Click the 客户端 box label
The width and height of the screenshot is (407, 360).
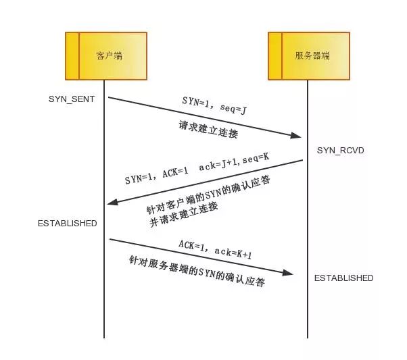pyautogui.click(x=110, y=56)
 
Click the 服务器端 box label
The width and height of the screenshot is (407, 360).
pyautogui.click(x=312, y=56)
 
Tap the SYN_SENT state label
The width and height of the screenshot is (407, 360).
pyautogui.click(x=72, y=99)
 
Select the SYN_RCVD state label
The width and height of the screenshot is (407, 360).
pyautogui.click(x=341, y=151)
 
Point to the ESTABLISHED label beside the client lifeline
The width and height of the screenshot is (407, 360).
pyautogui.click(x=68, y=224)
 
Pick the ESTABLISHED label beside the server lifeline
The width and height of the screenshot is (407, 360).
pyautogui.click(x=344, y=278)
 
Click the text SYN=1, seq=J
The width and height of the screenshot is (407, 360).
pyautogui.click(x=214, y=105)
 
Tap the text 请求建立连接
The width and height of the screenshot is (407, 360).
pyautogui.click(x=208, y=129)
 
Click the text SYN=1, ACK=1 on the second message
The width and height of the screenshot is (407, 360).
pyautogui.click(x=157, y=176)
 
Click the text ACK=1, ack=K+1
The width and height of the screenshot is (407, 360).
pyautogui.click(x=215, y=249)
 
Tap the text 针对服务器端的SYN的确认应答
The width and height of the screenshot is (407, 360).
pyautogui.click(x=197, y=272)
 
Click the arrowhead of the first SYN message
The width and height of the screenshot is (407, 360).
pyautogui.click(x=296, y=135)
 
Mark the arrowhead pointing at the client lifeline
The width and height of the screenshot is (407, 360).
pyautogui.click(x=113, y=202)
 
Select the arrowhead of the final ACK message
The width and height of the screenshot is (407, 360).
pyautogui.click(x=287, y=272)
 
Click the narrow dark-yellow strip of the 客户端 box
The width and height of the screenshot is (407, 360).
pyautogui.click(x=72, y=56)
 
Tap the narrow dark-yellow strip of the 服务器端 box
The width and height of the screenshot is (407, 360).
pyautogui.click(x=275, y=56)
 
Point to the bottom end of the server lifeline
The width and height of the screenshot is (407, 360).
pyautogui.click(x=308, y=338)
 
